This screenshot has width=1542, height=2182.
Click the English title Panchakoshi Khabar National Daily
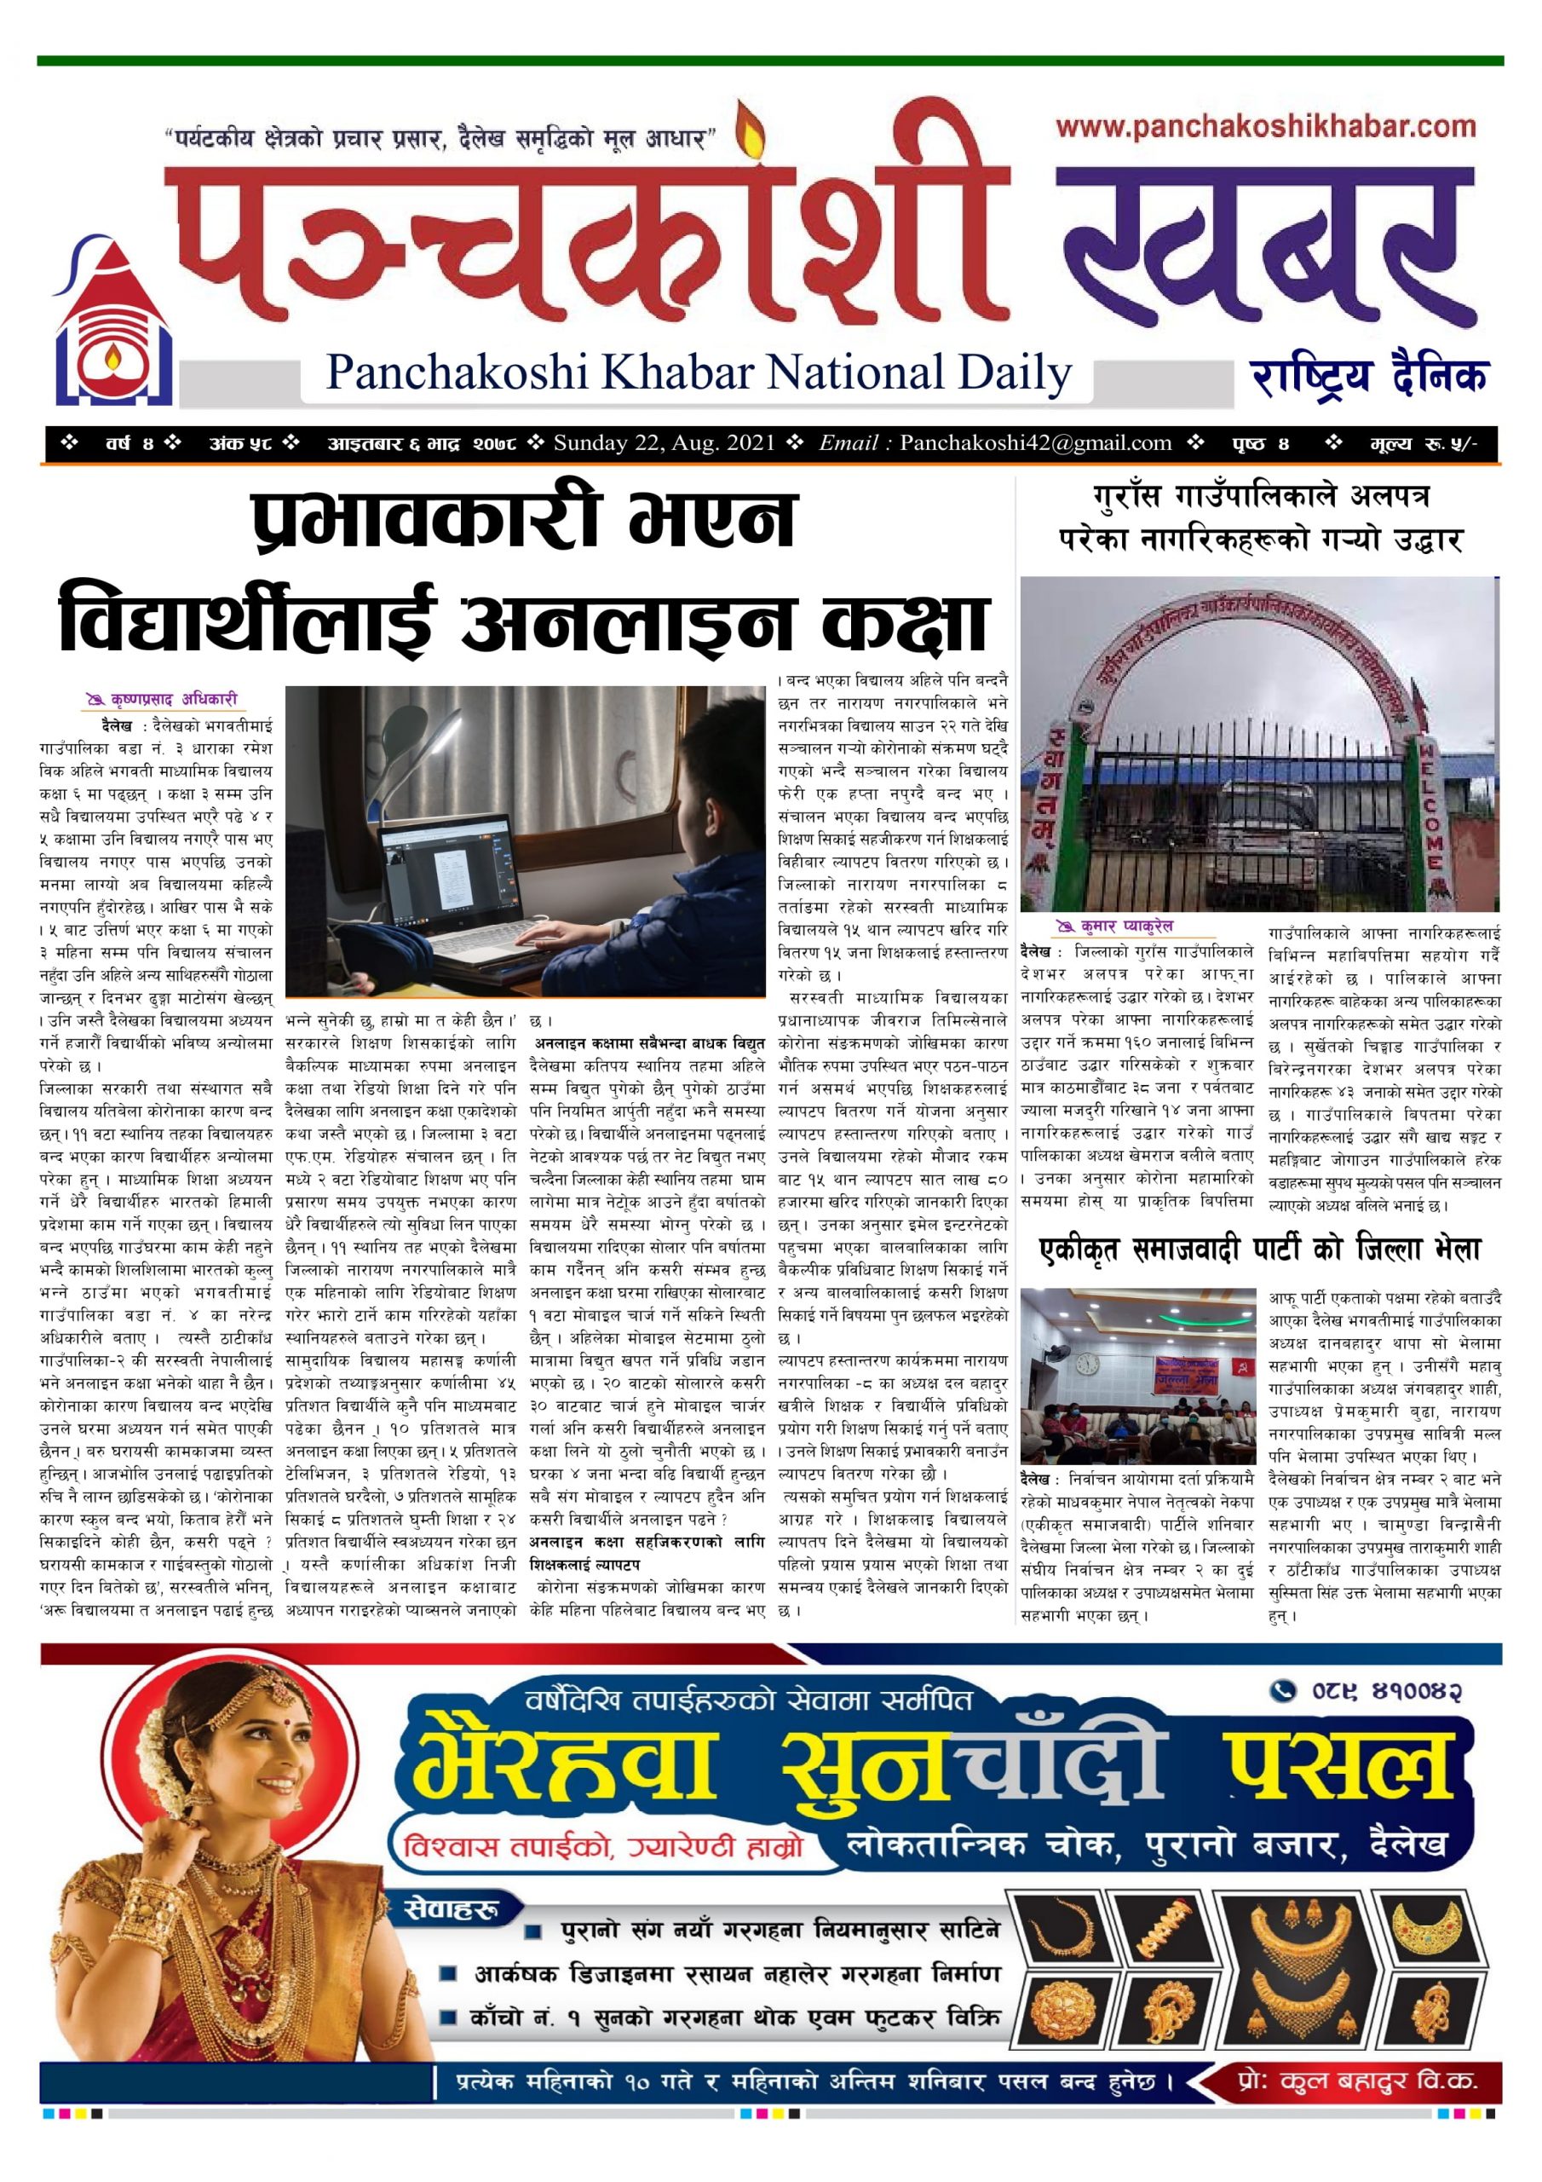(x=699, y=373)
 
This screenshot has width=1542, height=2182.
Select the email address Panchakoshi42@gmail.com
(x=1036, y=443)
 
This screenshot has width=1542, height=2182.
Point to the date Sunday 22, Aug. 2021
(x=665, y=443)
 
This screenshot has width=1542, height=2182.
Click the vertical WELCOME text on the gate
(x=1433, y=811)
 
